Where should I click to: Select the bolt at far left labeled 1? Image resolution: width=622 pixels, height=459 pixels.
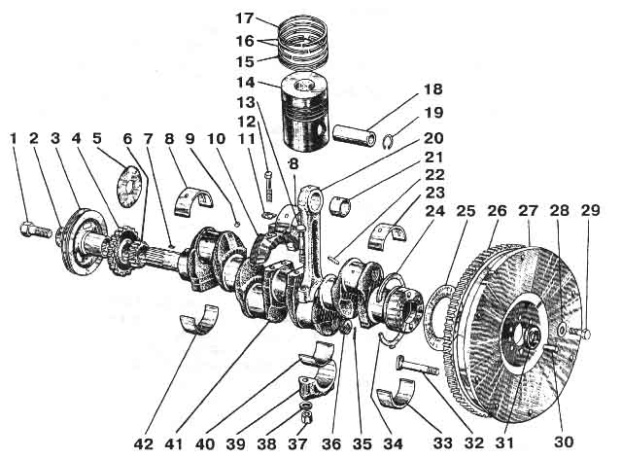(28, 232)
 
